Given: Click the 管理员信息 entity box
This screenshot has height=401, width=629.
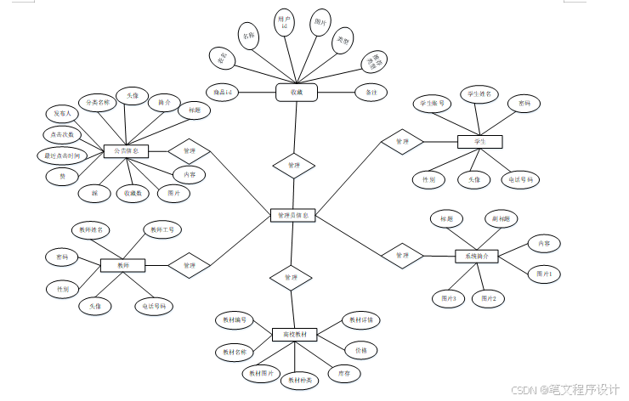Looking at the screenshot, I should pos(293,216).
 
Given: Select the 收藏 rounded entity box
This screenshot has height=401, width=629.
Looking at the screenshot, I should pos(296,91).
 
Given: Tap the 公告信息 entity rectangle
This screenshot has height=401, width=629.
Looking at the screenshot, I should pos(126,151).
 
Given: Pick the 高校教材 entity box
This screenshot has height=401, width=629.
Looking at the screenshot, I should pos(294,334).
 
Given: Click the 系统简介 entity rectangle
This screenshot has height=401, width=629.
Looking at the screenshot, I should pos(476,255).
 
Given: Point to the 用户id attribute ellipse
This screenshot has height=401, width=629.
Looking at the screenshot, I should pos(286,21).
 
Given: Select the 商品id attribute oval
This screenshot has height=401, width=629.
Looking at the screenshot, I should pos(224,91).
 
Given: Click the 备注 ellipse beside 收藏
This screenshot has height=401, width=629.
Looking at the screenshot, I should pos(371,91).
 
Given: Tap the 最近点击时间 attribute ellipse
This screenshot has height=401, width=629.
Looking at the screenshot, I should pos(61,155).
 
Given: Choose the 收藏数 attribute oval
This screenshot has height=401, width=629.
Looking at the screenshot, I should pos(133,193).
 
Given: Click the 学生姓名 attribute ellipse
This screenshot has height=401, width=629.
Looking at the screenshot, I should pos(479,93).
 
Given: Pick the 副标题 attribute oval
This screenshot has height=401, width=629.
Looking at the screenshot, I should pos(500,218).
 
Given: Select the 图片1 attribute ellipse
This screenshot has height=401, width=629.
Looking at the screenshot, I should pos(544,274).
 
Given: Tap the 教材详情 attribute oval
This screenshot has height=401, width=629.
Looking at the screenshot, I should pos(361,320).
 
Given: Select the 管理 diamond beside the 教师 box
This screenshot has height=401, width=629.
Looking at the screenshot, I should pos(190,265).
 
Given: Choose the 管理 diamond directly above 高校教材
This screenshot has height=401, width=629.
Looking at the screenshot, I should pos(291,277).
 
